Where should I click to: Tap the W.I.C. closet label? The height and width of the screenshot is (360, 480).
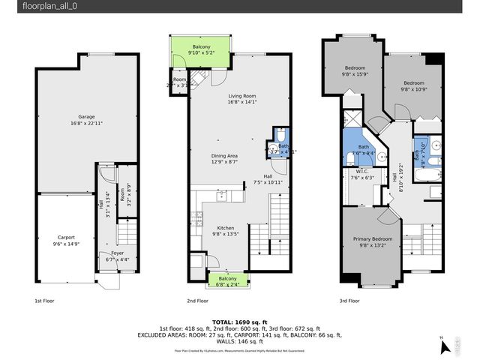(362, 175)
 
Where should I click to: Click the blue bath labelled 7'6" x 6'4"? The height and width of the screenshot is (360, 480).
(364, 150)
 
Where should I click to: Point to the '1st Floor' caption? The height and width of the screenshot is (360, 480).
(44, 301)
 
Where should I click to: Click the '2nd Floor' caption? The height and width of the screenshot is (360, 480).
(198, 301)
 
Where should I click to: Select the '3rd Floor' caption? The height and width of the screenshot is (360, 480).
(349, 301)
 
